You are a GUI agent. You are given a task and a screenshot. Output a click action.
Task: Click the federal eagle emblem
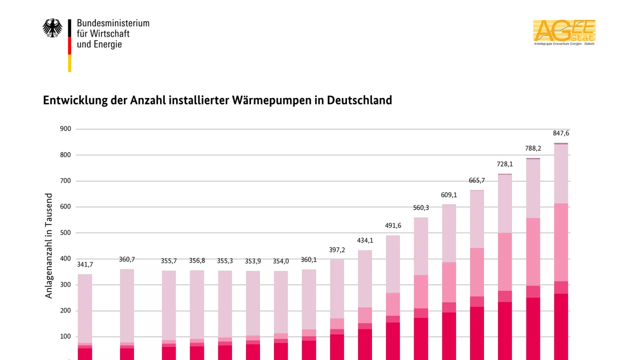(x=52, y=28)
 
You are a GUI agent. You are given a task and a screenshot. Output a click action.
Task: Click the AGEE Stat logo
(x=564, y=32)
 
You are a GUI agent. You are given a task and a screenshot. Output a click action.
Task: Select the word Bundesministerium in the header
(x=113, y=23)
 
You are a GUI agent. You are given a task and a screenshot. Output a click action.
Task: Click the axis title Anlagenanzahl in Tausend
(x=49, y=246)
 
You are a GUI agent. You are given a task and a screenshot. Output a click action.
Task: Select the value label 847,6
(x=561, y=133)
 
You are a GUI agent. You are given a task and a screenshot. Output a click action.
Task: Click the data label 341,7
(x=85, y=264)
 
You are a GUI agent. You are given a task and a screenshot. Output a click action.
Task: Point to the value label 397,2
(x=337, y=250)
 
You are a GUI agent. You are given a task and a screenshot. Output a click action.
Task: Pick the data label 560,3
(x=421, y=208)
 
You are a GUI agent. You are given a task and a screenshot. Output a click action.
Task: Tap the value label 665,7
(x=477, y=180)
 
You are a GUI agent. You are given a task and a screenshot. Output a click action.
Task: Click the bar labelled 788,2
(x=533, y=250)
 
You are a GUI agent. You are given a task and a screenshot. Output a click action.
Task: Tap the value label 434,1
(x=365, y=240)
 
